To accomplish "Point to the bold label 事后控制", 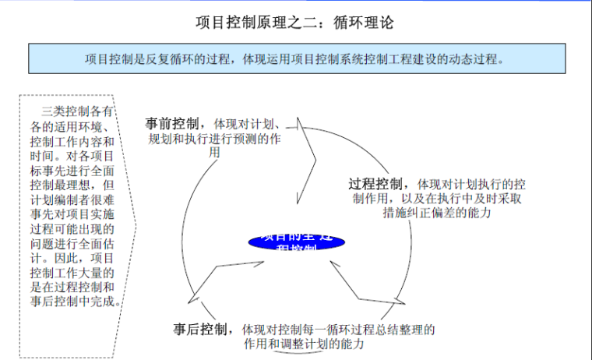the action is [201, 328].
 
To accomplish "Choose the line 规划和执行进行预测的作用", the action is [215, 139].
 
